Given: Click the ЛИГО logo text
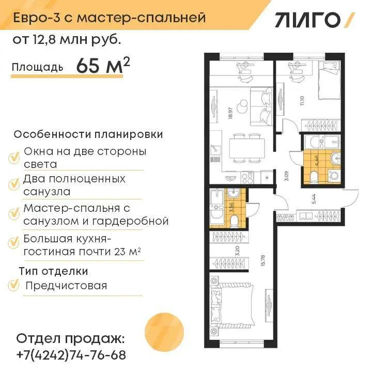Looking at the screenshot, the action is [x=308, y=20].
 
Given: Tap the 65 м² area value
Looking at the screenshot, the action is [x=103, y=66].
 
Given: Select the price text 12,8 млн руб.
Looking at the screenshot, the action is [x=77, y=40].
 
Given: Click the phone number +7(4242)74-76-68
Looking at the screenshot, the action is [x=71, y=355].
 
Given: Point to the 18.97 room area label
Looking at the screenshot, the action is [x=230, y=113].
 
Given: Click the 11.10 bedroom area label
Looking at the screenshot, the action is [x=302, y=101].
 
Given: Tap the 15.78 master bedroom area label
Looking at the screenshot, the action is [x=262, y=261].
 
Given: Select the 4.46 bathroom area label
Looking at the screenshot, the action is [x=316, y=161].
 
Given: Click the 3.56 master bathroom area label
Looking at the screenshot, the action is [x=233, y=207].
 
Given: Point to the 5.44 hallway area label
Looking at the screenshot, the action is [x=314, y=199].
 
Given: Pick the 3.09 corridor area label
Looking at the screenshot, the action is [x=286, y=176].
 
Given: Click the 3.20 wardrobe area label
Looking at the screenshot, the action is [x=238, y=251].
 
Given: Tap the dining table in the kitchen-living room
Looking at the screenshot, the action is [x=247, y=148].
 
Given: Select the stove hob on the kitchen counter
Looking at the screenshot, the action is [x=247, y=177].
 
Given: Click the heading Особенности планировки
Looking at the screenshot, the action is [x=88, y=134].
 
